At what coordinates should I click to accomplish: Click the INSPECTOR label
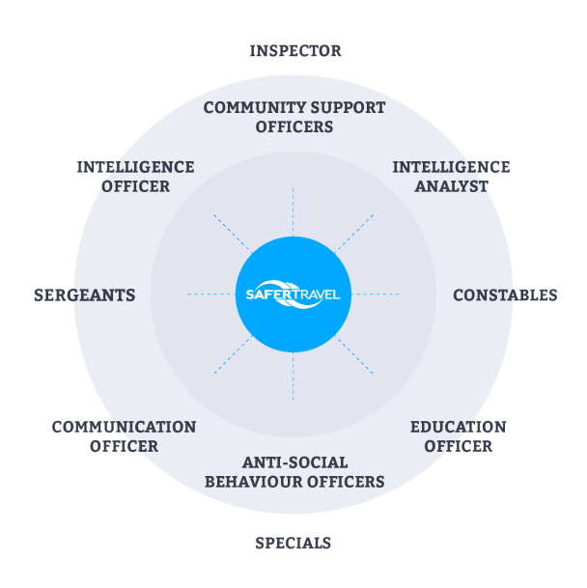tap(294, 51)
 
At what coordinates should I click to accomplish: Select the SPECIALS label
tap(293, 543)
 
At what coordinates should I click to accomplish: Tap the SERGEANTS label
tap(84, 295)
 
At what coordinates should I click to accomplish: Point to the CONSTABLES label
tap(505, 295)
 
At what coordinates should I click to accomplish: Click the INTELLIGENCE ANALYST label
tap(451, 177)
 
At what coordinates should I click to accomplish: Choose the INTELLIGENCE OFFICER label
tap(135, 177)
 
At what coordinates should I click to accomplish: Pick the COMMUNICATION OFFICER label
tap(124, 436)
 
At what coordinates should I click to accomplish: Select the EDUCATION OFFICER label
tap(458, 436)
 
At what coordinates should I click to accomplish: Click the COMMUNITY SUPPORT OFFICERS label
tap(293, 117)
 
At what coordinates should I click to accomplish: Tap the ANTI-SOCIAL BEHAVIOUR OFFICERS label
tap(294, 472)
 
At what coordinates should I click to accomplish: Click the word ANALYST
tap(452, 186)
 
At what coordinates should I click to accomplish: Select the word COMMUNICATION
tap(124, 427)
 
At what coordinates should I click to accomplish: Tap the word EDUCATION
tap(458, 427)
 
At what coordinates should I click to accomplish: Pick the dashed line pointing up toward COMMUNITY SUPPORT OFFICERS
tap(293, 210)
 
